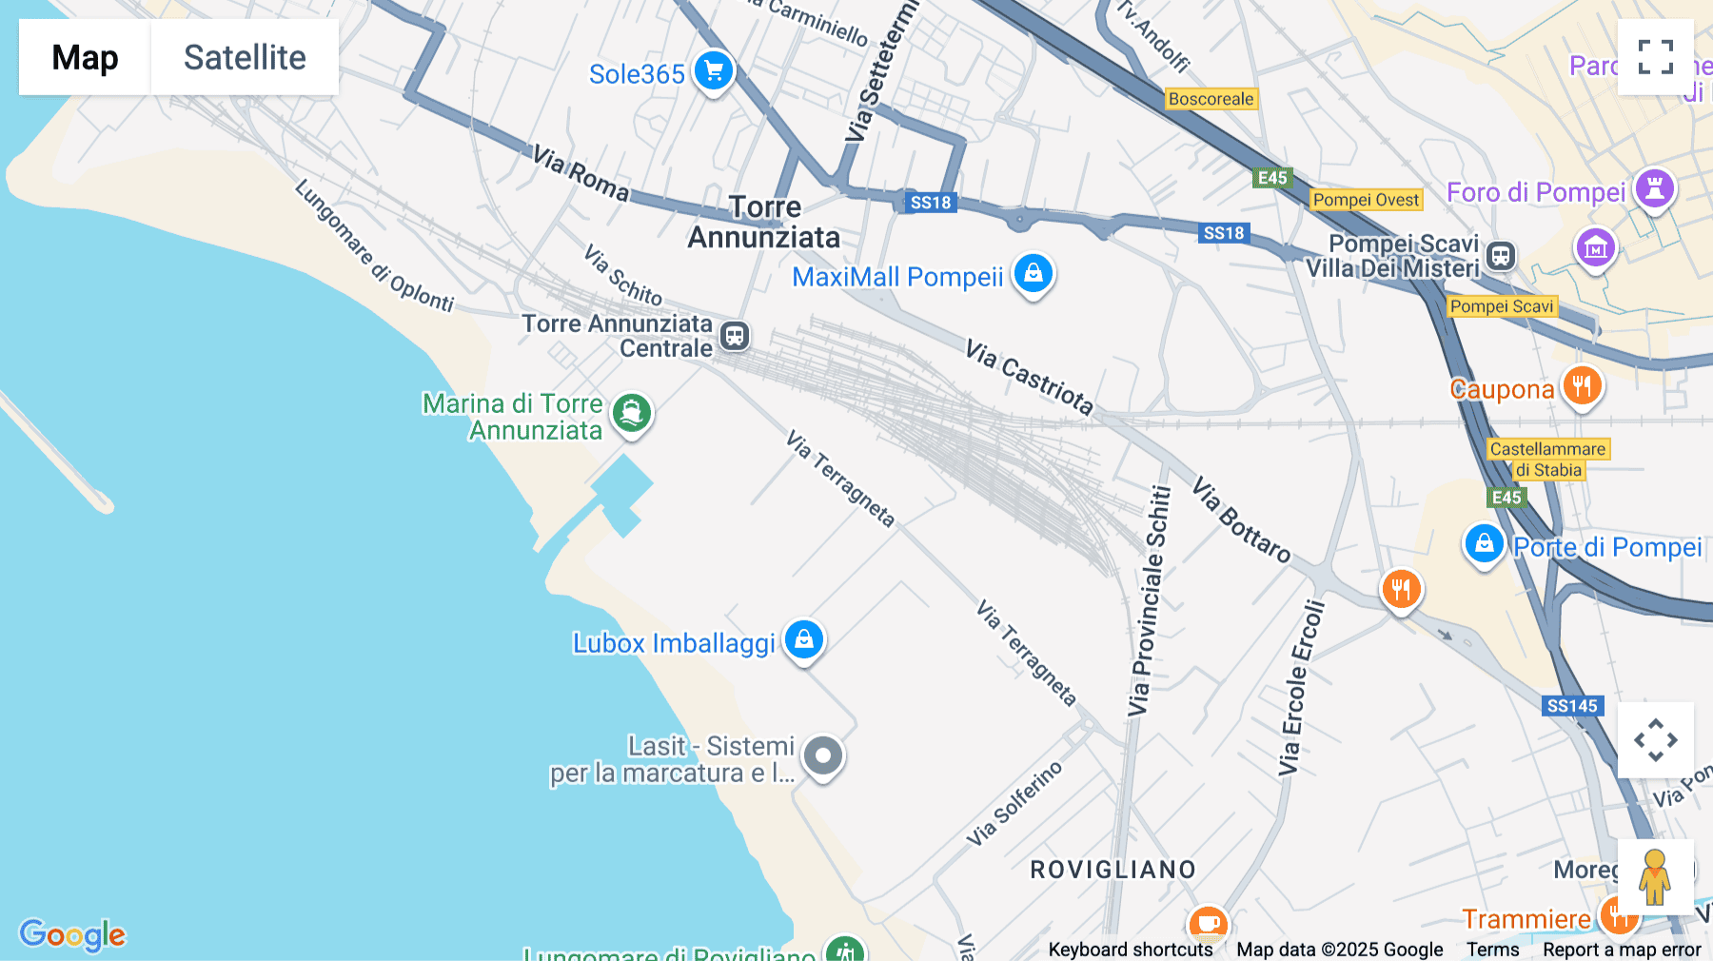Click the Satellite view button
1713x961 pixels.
tap(245, 57)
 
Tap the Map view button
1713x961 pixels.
tap(85, 57)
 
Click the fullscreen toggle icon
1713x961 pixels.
tap(1655, 57)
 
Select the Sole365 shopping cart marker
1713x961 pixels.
tap(713, 70)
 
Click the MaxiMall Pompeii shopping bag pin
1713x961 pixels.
tap(1033, 274)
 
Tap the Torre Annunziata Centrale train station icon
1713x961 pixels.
tap(734, 336)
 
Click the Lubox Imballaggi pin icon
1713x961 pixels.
tap(804, 639)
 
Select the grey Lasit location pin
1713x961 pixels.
tap(823, 756)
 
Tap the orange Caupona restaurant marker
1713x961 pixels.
tap(1582, 386)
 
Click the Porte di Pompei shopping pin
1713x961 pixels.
tap(1484, 544)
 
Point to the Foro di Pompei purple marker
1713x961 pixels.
tap(1654, 187)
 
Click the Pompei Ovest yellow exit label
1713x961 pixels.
tap(1366, 200)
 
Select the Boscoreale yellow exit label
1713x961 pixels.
tap(1211, 99)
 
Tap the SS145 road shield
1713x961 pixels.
tap(1572, 706)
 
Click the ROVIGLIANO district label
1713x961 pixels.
tap(1112, 870)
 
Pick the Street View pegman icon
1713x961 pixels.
tap(1655, 876)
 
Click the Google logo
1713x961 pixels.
tap(72, 934)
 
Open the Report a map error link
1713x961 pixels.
tap(1622, 950)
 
